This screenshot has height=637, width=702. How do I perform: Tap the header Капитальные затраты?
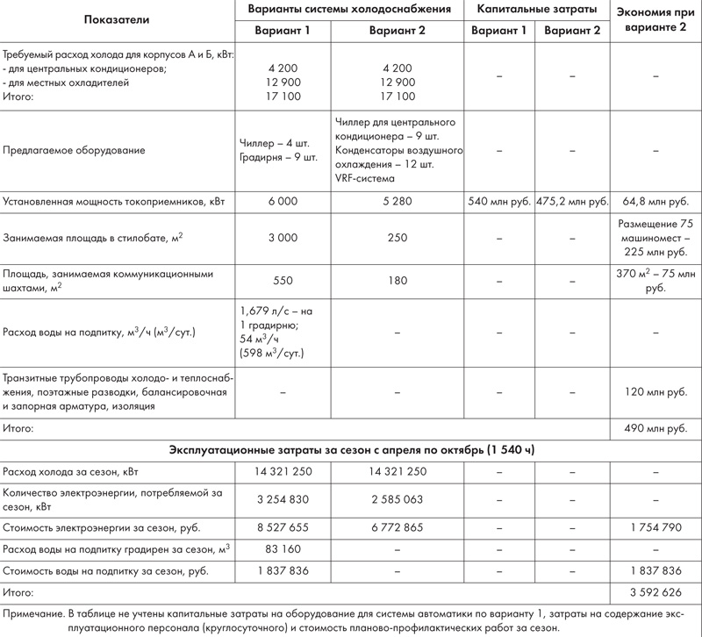pos(537,11)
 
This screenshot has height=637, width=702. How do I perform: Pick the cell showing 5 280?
pos(398,201)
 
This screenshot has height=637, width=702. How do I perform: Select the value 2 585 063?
pos(398,498)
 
